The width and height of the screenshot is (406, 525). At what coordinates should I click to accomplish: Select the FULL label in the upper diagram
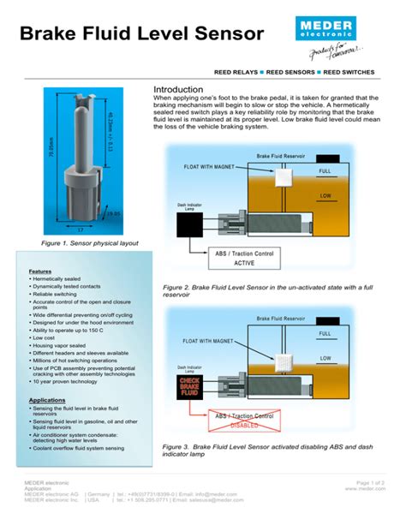[325, 171]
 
